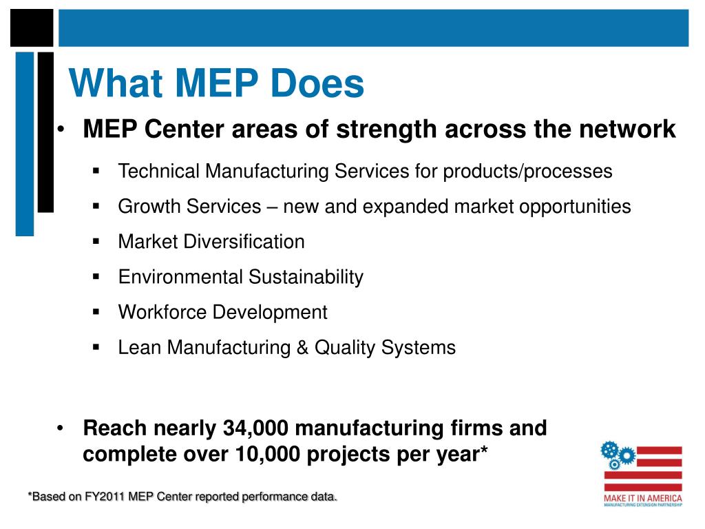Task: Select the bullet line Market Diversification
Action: pyautogui.click(x=211, y=242)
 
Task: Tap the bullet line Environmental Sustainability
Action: pyautogui.click(x=240, y=277)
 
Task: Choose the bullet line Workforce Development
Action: pyautogui.click(x=222, y=312)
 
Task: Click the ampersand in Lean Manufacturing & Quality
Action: pyautogui.click(x=303, y=348)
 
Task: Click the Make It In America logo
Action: pyautogui.click(x=642, y=475)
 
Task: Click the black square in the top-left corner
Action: pyautogui.click(x=32, y=28)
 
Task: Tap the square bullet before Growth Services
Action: pyautogui.click(x=96, y=206)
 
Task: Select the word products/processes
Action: pyautogui.click(x=527, y=171)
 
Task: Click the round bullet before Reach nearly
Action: pyautogui.click(x=62, y=428)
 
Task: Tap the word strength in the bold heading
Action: pyautogui.click(x=380, y=129)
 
